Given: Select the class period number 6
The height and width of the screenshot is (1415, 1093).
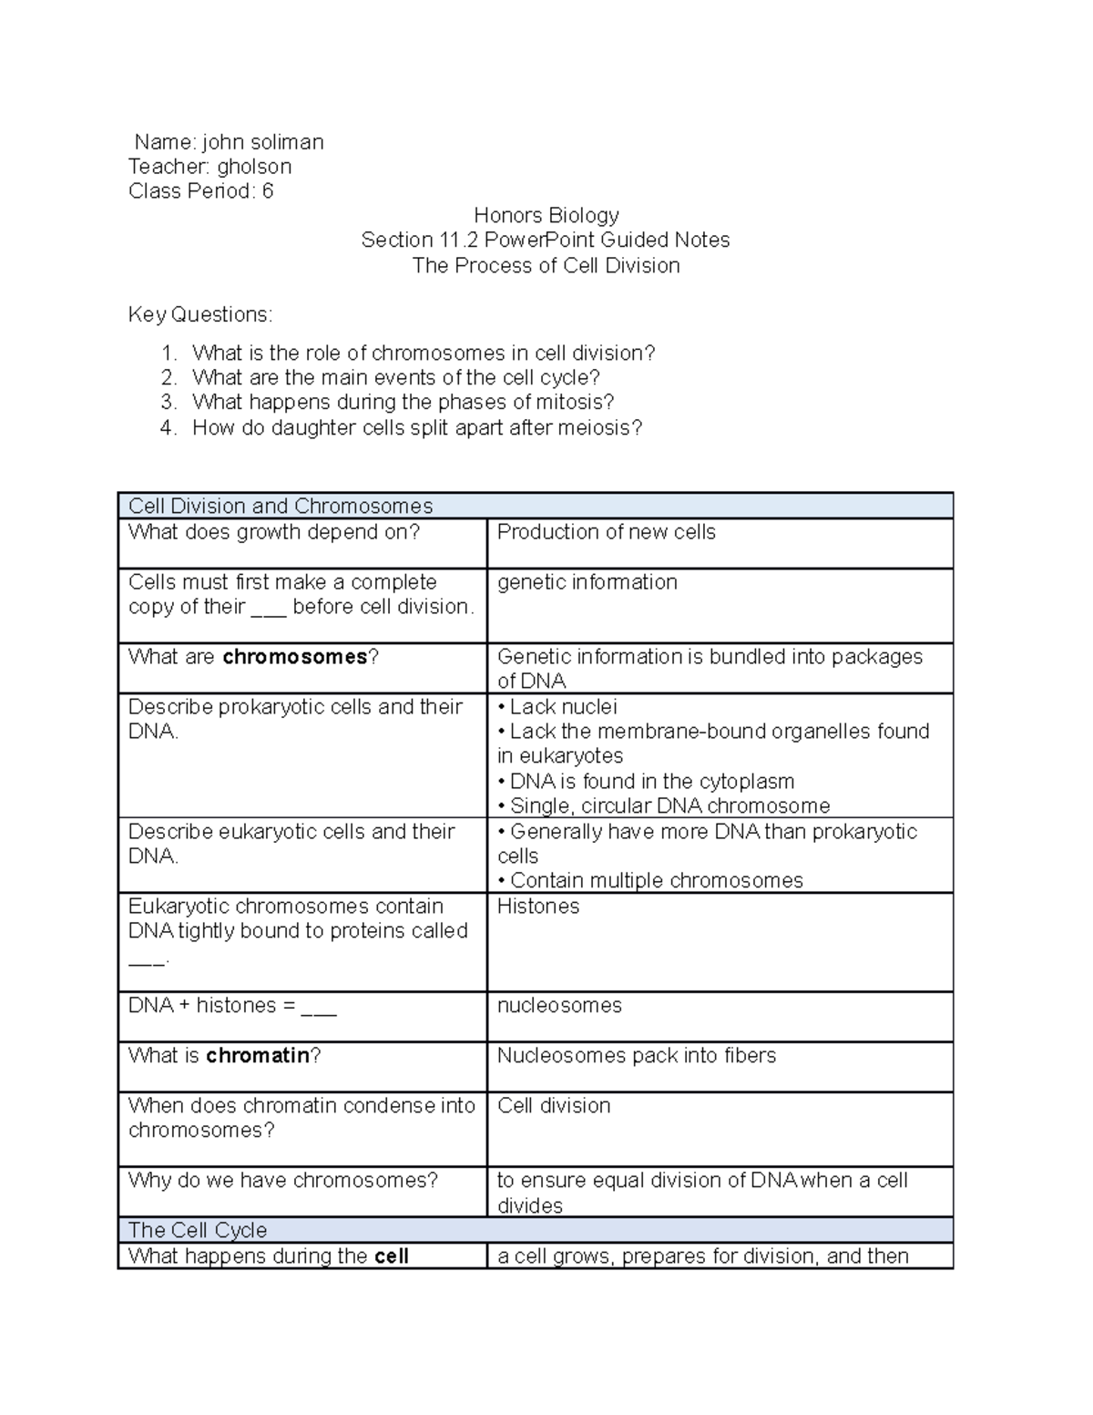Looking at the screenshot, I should pos(267,191).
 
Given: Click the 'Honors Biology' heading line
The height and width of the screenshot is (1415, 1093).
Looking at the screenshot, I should pos(546,216).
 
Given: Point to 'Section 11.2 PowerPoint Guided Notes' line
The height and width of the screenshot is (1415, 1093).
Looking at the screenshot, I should pos(546,241).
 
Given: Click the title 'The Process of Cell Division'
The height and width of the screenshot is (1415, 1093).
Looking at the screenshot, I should pos(546,266).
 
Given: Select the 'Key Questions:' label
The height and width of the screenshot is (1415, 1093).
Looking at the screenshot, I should pos(200,315).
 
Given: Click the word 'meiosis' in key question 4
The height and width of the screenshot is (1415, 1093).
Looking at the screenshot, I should pos(597,428).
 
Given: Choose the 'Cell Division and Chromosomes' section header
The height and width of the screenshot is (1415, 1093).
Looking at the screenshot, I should pos(281,507).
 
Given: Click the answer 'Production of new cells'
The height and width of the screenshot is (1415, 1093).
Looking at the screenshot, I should pos(607,532).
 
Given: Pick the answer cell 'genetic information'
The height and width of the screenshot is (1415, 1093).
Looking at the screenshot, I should pos(587,582).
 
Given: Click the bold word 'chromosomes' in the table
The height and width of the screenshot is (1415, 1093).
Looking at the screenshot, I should pos(295,657).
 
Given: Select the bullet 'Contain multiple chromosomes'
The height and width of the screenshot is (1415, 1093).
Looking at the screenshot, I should pos(657,881).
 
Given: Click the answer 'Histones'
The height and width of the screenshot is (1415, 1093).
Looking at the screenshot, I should pos(538,907).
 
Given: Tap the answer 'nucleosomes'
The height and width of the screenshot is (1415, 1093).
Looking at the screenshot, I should pos(559,1006).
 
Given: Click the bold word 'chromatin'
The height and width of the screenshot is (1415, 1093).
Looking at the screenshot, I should pos(258,1056).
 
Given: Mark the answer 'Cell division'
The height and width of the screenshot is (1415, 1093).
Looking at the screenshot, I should pos(554,1106).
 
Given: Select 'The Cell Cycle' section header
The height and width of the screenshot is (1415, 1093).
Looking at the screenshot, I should pos(198,1231).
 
